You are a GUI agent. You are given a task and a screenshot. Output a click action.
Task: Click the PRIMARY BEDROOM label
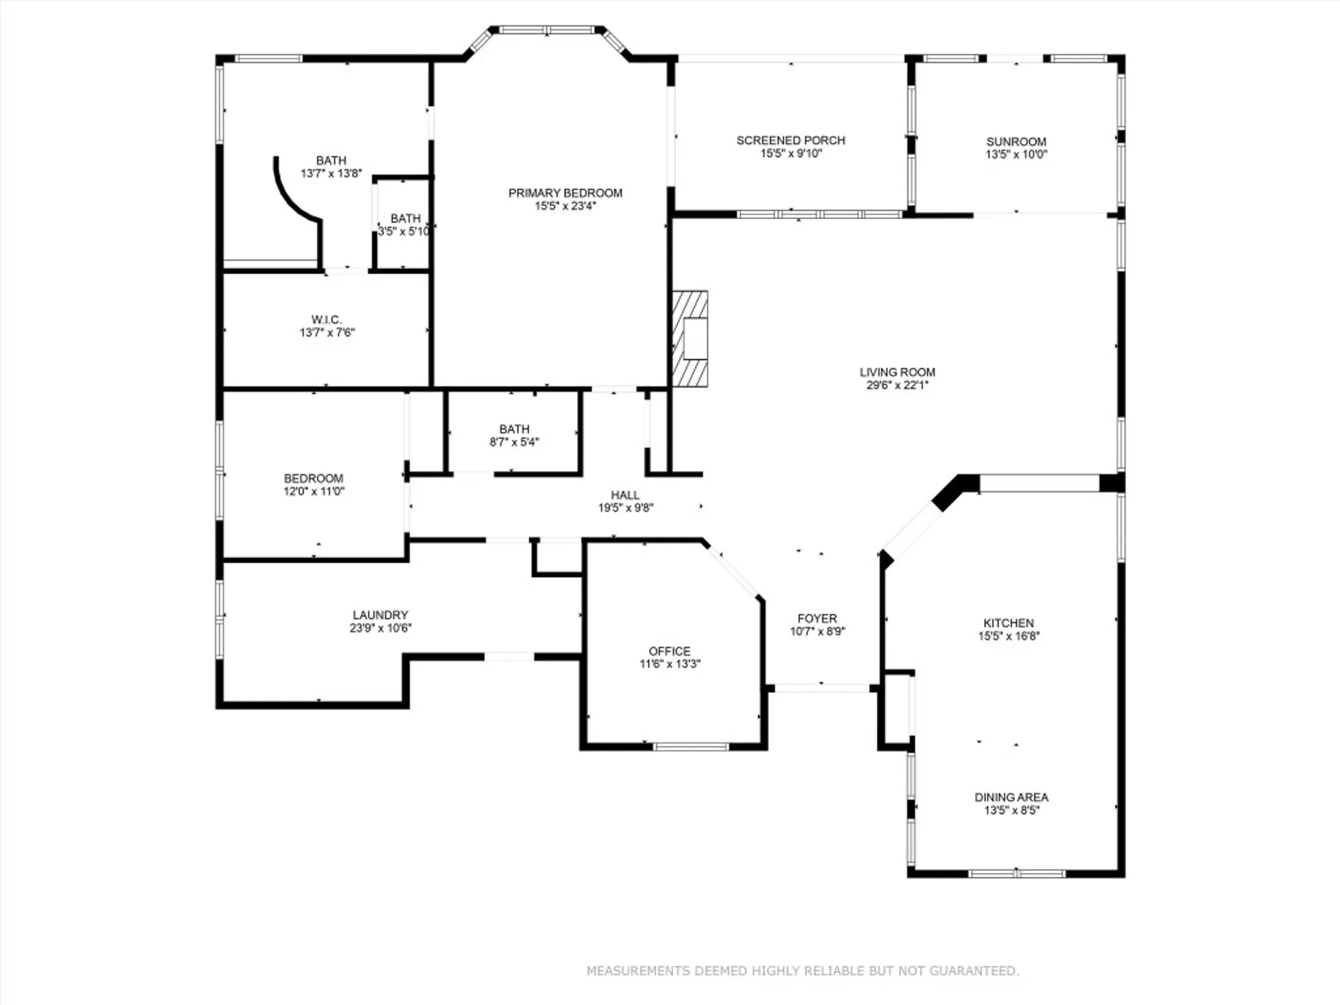(x=565, y=193)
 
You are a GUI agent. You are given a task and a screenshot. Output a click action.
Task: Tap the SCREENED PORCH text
(x=791, y=140)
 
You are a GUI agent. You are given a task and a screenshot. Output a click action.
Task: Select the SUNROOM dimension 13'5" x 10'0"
(x=1016, y=154)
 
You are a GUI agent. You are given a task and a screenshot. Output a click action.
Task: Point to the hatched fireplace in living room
(x=690, y=338)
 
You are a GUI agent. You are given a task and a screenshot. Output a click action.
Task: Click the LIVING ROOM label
(x=897, y=372)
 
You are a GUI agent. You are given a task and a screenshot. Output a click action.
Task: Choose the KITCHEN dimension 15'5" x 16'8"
(x=1008, y=636)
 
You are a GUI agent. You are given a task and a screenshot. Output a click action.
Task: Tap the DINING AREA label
(x=1011, y=797)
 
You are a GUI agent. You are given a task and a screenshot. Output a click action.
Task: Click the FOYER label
(x=817, y=618)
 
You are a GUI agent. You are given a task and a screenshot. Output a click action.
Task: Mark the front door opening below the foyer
(x=821, y=688)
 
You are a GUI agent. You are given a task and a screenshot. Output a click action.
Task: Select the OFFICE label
(x=669, y=651)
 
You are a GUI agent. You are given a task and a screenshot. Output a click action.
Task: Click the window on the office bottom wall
(x=690, y=746)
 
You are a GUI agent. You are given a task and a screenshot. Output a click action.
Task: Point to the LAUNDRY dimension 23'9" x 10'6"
(x=380, y=628)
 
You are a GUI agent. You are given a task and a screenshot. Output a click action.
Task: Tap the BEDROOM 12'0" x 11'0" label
(x=313, y=478)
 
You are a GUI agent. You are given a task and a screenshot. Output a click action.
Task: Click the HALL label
(x=624, y=495)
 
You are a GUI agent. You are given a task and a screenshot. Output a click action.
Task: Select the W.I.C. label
(x=326, y=320)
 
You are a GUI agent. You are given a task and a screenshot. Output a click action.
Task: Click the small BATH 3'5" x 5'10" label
(x=405, y=218)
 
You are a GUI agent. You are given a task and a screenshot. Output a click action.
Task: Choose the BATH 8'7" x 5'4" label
(x=514, y=429)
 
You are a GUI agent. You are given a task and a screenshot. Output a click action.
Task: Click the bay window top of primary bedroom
(x=547, y=30)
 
